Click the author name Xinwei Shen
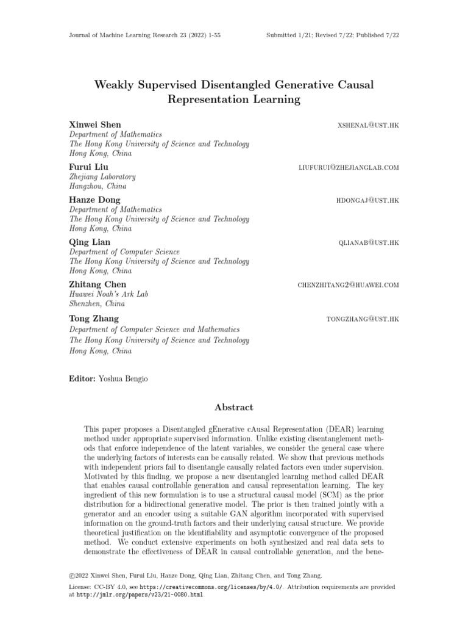(95, 125)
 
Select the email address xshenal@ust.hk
(368, 125)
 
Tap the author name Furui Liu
(89, 167)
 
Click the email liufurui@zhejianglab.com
(349, 167)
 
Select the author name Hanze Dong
(95, 200)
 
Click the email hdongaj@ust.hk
(367, 200)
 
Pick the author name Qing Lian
(90, 242)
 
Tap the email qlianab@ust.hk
(368, 243)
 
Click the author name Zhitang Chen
(98, 284)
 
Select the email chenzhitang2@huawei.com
(348, 285)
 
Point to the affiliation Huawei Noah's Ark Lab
(109, 294)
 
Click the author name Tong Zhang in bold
(94, 319)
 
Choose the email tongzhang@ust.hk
(363, 319)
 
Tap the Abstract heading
(234, 407)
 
